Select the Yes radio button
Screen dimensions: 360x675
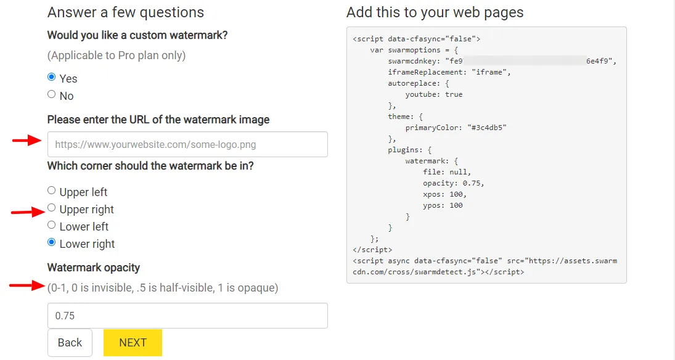point(52,78)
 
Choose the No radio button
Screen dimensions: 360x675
point(52,95)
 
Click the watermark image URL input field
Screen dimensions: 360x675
point(187,145)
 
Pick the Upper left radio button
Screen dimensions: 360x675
point(52,191)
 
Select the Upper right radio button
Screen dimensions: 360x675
point(52,208)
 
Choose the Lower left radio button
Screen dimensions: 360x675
point(52,226)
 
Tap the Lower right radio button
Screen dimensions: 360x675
point(52,243)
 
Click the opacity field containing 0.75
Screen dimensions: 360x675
point(187,316)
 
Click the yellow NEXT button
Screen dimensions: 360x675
point(133,343)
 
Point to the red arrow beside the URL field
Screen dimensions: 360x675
point(27,141)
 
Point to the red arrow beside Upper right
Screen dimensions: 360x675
point(27,213)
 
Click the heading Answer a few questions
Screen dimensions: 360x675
point(126,12)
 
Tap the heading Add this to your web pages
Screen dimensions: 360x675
point(435,12)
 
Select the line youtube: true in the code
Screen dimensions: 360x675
point(433,94)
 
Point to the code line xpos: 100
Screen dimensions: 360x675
point(444,194)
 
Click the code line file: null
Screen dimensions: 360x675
point(446,172)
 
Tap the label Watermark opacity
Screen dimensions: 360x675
point(94,268)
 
